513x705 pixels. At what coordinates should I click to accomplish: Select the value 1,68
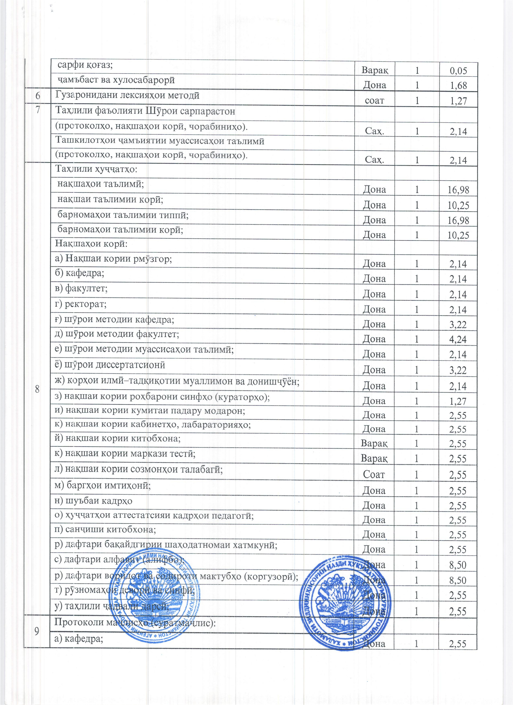point(458,85)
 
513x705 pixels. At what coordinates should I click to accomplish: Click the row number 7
point(38,111)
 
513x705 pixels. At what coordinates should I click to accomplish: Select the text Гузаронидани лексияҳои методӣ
point(127,95)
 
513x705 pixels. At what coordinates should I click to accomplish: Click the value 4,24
point(458,339)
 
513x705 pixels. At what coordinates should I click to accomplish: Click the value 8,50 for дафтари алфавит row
point(458,565)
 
